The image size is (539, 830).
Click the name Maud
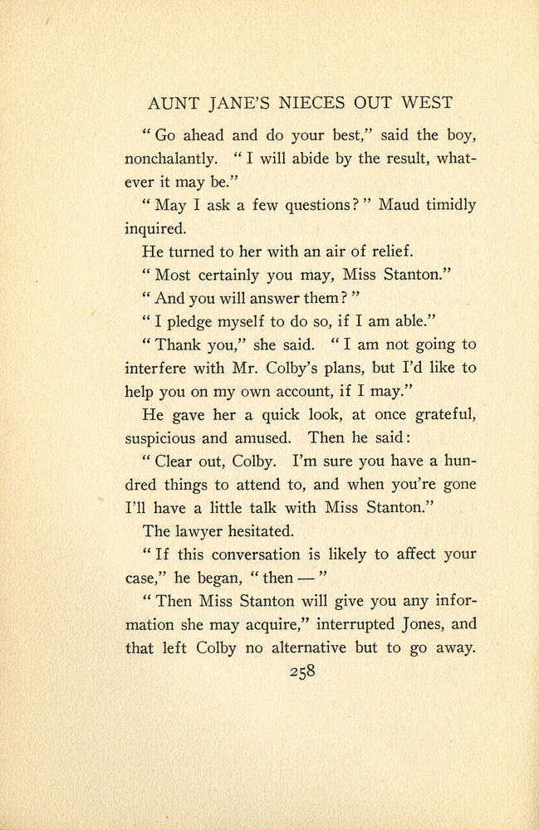coord(399,206)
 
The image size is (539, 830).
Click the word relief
coord(385,252)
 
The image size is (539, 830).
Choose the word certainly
coord(237,276)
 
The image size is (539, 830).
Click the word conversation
coord(263,554)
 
